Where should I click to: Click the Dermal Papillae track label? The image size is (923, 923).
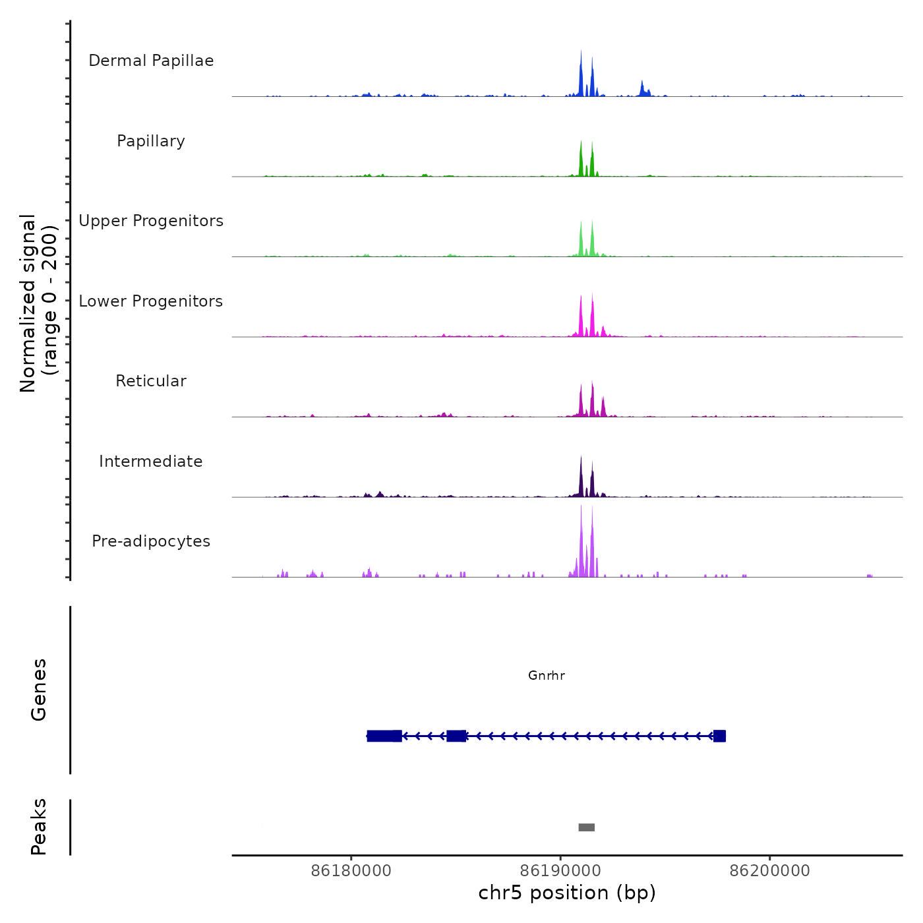pyautogui.click(x=151, y=61)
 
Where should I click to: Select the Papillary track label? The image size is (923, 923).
pyautogui.click(x=151, y=141)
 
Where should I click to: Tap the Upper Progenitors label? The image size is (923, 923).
pyautogui.click(x=151, y=221)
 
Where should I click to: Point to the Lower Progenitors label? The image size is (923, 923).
pyautogui.click(x=151, y=301)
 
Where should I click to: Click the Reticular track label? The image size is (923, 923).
pyautogui.click(x=151, y=381)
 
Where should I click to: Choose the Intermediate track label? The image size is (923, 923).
pyautogui.click(x=151, y=461)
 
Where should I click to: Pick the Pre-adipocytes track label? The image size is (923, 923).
pyautogui.click(x=151, y=541)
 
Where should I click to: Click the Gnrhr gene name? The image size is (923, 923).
pyautogui.click(x=547, y=676)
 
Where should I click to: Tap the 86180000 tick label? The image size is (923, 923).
pyautogui.click(x=351, y=871)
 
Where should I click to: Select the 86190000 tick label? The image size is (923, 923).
pyautogui.click(x=560, y=871)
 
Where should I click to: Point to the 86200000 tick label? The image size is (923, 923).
pyautogui.click(x=769, y=871)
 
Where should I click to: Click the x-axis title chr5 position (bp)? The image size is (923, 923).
pyautogui.click(x=567, y=893)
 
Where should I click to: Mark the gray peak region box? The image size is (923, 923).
pyautogui.click(x=587, y=827)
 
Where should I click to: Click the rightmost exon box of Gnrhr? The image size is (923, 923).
pyautogui.click(x=719, y=736)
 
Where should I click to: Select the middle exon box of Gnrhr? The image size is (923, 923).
pyautogui.click(x=456, y=736)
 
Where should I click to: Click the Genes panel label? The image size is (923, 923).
pyautogui.click(x=39, y=690)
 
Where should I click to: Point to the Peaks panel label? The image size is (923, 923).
pyautogui.click(x=39, y=827)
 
